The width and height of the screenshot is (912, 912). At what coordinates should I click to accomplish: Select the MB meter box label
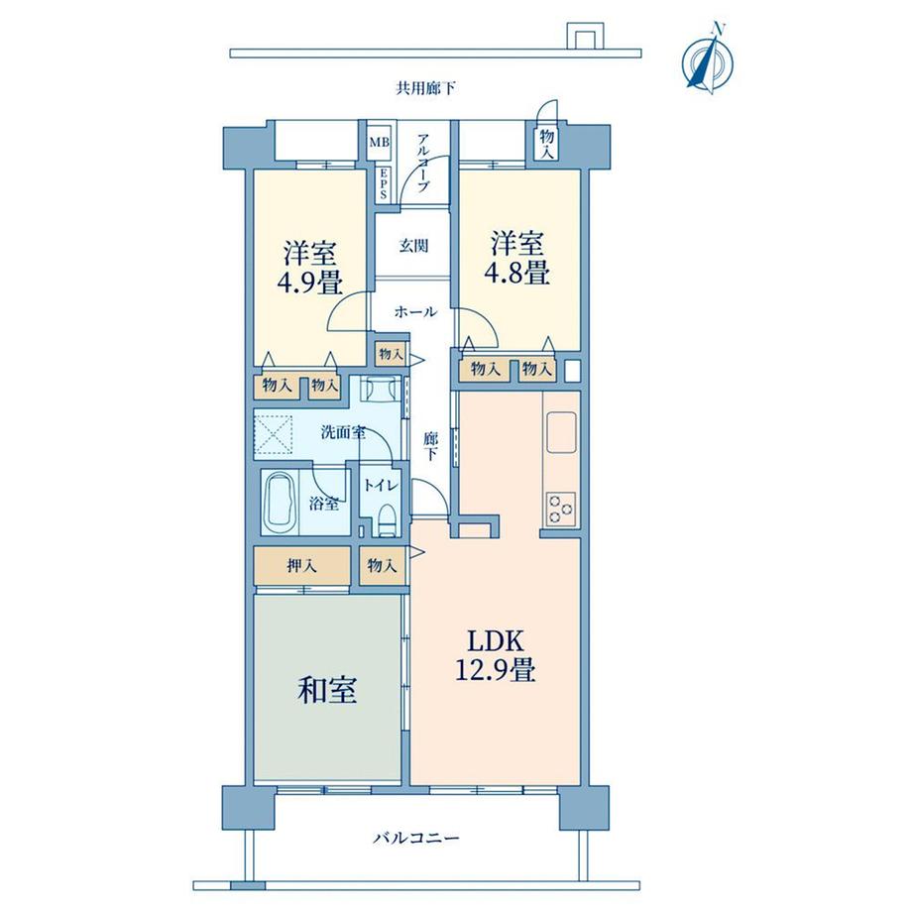click(380, 143)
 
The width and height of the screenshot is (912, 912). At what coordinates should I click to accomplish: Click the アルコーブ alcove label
click(423, 162)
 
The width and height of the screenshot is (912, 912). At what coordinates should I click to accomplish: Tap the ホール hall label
click(415, 311)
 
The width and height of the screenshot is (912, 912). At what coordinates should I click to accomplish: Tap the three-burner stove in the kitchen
click(560, 507)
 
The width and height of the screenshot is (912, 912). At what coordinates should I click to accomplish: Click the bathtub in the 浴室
click(280, 503)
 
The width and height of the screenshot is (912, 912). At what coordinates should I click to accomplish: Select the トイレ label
click(381, 485)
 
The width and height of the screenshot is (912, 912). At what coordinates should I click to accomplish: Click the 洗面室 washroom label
click(342, 432)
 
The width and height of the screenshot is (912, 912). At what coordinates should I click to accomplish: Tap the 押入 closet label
click(301, 567)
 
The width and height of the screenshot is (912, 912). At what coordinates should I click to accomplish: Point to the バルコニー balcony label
click(416, 838)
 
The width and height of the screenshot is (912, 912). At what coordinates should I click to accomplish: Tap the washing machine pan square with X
click(277, 433)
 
